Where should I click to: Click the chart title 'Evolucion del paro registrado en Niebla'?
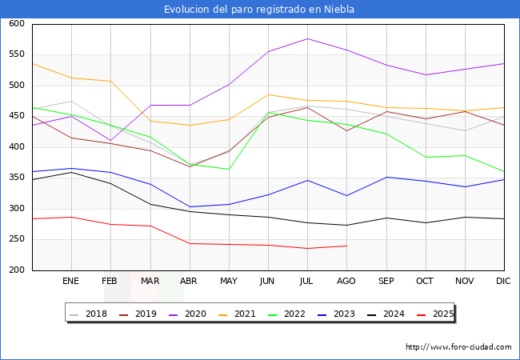(259, 10)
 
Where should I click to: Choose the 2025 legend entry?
(442, 314)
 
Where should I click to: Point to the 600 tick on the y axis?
(16, 24)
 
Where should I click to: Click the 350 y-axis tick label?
(16, 178)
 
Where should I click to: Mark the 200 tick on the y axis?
(16, 270)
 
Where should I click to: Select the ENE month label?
(71, 282)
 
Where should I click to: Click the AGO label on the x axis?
(346, 282)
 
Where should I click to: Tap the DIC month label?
(503, 282)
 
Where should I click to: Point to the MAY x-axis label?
(229, 282)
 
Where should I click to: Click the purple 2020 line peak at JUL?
(307, 38)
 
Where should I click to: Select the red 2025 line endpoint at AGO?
(346, 246)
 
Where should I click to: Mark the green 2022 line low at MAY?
(229, 169)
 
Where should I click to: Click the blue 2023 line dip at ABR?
(190, 207)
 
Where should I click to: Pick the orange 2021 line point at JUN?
(268, 94)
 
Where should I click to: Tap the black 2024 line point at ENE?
(71, 172)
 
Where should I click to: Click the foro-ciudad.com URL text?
(458, 347)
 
